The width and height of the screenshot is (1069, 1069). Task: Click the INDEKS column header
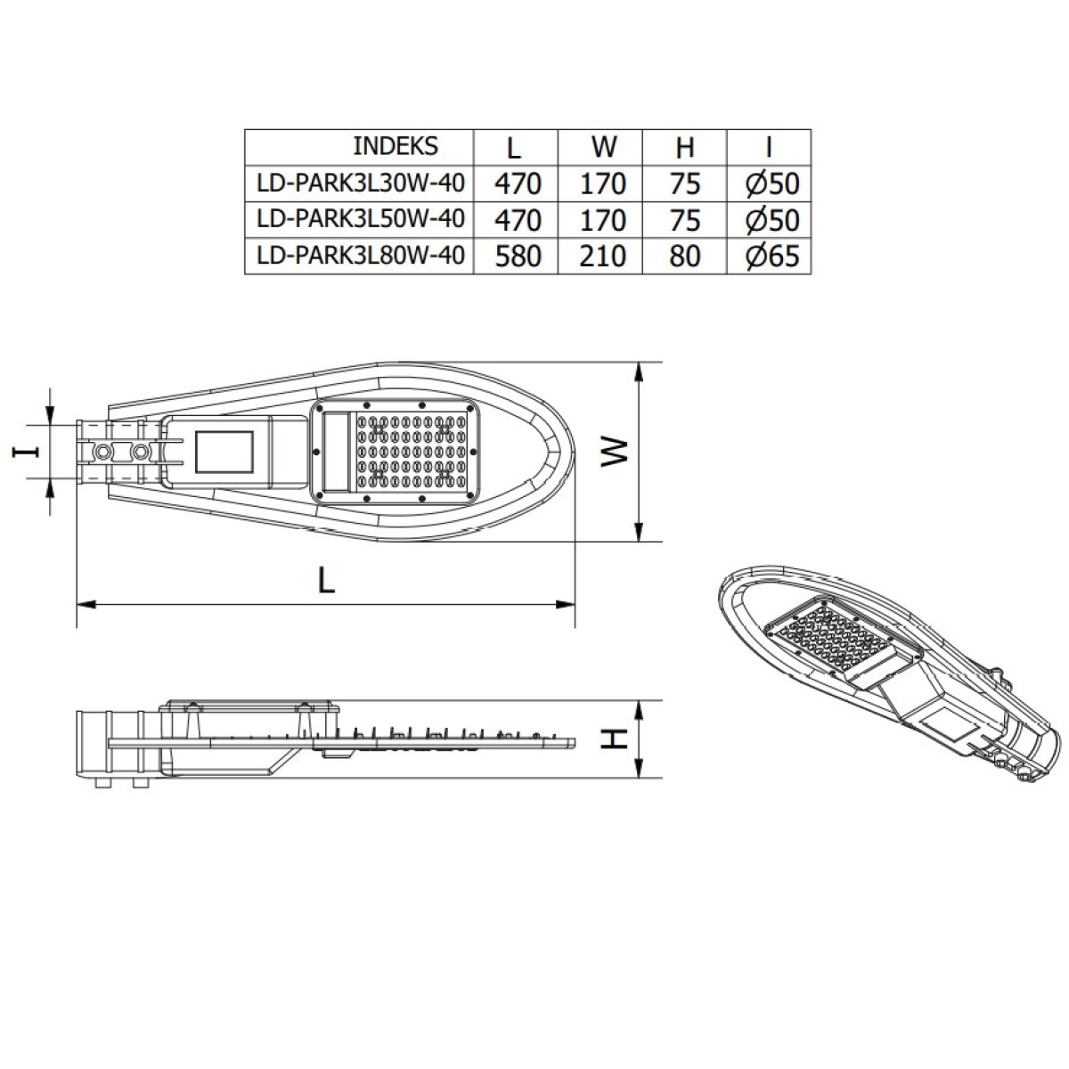pos(396,146)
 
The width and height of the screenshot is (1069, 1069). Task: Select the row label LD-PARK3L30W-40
pos(361,183)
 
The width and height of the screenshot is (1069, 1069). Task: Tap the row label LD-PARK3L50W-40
pos(361,218)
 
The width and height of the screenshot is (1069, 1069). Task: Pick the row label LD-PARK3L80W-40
pos(361,255)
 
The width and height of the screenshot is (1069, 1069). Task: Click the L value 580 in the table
pos(518,257)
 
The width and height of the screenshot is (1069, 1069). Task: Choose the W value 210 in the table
pos(602,257)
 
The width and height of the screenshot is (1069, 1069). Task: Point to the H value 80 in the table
pos(685,257)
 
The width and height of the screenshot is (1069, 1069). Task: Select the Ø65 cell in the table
pos(772,257)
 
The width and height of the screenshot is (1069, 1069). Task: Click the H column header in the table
pos(685,148)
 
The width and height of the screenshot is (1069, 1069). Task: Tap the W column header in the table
pos(604,147)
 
